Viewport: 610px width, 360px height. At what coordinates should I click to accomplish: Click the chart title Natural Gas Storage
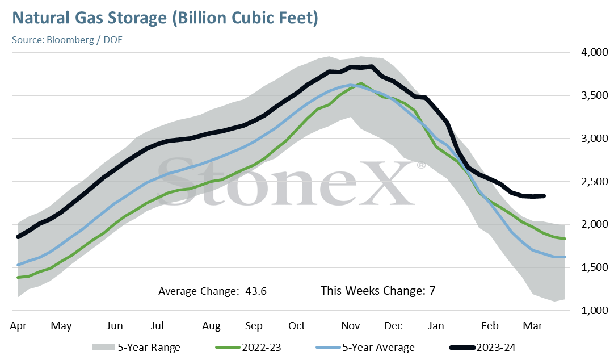coord(90,18)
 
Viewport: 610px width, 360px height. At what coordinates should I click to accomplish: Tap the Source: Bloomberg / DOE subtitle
coord(68,40)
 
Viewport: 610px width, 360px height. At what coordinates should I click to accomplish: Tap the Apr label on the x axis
coord(18,326)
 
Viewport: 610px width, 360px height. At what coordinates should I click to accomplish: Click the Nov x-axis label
coord(351,326)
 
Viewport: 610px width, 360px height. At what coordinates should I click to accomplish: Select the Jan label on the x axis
coord(436,326)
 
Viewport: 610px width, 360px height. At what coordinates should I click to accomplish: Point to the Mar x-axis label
coord(533,326)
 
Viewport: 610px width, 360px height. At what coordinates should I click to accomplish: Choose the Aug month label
coord(211,326)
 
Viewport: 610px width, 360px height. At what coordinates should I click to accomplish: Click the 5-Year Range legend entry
coord(136,347)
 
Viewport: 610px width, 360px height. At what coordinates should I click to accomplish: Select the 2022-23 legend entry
coord(248,347)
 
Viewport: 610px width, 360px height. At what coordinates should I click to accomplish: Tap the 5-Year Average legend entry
coord(365,347)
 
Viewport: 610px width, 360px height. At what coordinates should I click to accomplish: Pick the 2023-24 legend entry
coord(482,347)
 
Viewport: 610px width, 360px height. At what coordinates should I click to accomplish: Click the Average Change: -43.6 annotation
coord(212,291)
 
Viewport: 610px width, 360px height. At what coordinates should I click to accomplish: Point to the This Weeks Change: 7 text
coord(378,291)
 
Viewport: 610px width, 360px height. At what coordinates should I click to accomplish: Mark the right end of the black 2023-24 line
coord(544,196)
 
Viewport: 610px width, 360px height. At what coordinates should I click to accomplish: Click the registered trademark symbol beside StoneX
coord(421,165)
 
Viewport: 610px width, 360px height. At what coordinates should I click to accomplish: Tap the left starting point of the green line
coord(18,278)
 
